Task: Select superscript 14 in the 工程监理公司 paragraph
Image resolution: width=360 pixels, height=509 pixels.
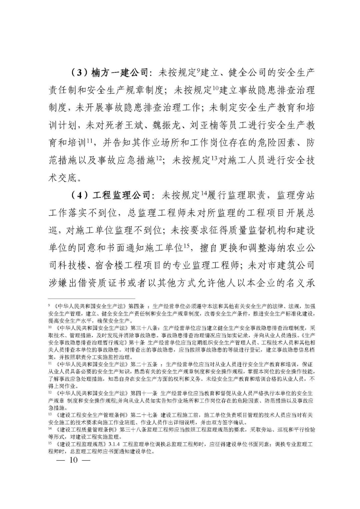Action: (204, 193)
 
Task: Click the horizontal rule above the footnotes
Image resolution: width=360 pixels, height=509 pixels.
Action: (92, 299)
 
